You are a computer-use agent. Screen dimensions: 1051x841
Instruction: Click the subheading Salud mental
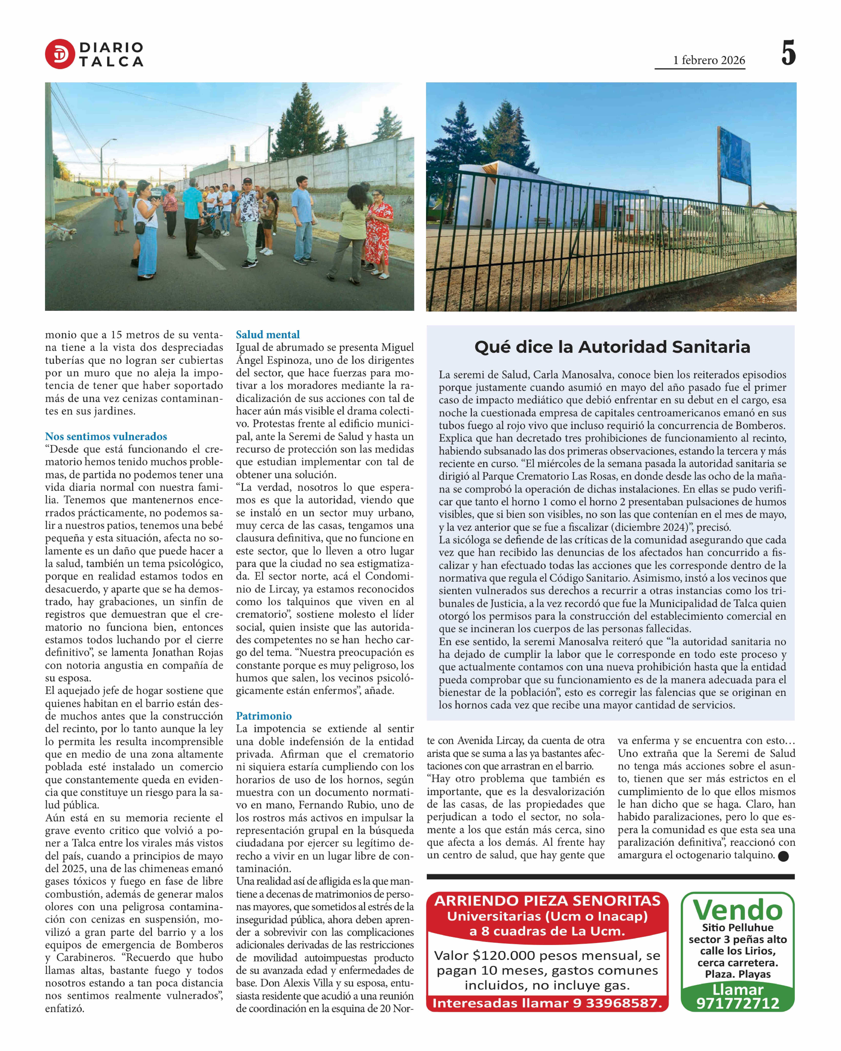click(x=268, y=334)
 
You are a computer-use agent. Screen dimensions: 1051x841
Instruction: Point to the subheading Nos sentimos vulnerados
click(x=106, y=436)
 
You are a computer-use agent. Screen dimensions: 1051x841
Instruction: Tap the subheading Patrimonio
click(x=264, y=716)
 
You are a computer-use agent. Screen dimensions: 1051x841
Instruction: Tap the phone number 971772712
click(x=738, y=1003)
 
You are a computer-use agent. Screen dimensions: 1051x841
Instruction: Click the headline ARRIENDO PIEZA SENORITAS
click(x=547, y=901)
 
